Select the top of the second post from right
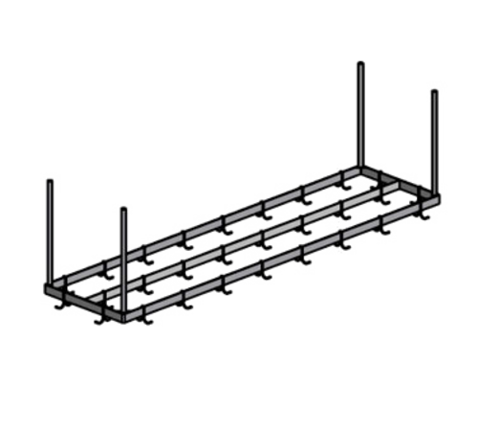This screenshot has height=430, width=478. point(359,63)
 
